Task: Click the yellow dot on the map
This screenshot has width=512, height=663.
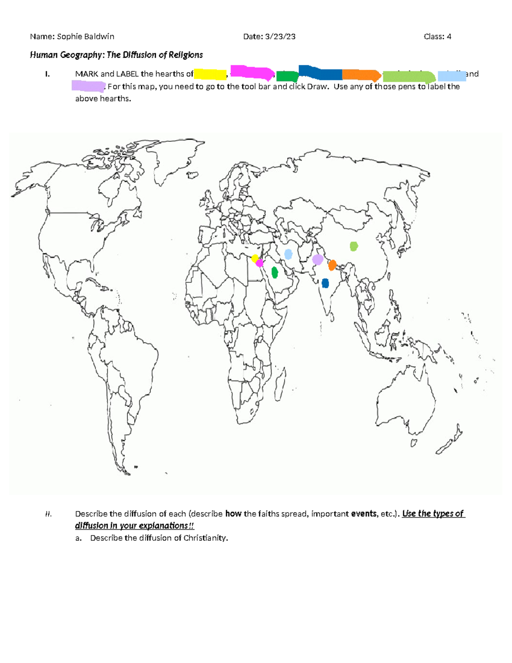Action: click(255, 258)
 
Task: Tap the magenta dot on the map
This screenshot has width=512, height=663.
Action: click(259, 263)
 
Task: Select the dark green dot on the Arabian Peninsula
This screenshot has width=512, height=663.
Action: click(275, 272)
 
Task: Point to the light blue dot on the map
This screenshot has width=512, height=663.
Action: click(288, 254)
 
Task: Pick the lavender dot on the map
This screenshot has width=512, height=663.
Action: click(317, 260)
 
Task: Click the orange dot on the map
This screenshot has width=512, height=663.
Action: click(332, 265)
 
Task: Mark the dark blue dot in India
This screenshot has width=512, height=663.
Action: click(325, 283)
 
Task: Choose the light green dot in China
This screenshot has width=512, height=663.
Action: click(354, 246)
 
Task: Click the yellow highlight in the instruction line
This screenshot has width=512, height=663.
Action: click(210, 74)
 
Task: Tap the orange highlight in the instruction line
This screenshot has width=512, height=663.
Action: click(361, 75)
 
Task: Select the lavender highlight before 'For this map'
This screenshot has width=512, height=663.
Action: click(88, 86)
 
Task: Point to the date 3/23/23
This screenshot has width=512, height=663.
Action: click(280, 37)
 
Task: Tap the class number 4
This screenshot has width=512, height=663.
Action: click(449, 37)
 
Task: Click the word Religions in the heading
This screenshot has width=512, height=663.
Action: click(186, 55)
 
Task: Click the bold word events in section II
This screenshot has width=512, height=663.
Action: click(364, 514)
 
